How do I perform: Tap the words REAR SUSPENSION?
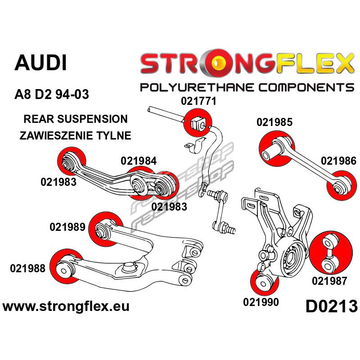pos(75,119)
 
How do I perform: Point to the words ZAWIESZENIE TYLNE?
pos(75,135)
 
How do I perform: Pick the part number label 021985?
pos(274,122)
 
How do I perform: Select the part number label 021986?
pos(338,161)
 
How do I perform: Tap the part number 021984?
pos(139,161)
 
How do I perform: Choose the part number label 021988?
pos(27,269)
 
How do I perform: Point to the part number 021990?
pos(261,302)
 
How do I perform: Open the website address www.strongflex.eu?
pos(66,307)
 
